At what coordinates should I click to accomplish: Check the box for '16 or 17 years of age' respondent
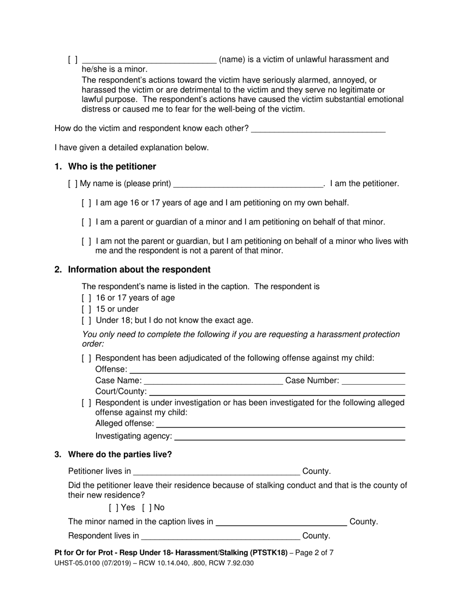point(86,298)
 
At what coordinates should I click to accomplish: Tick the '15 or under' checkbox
point(86,309)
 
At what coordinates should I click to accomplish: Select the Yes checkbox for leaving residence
point(114,507)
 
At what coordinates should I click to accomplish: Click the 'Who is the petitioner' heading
point(112,167)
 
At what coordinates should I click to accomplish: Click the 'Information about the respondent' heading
point(139,270)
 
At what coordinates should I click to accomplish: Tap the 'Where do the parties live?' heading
point(120,454)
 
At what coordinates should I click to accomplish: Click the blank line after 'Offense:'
point(267,370)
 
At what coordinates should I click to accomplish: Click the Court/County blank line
point(277,392)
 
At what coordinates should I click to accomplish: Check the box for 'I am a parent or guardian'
point(86,223)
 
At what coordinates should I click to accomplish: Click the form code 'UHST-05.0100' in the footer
point(77,563)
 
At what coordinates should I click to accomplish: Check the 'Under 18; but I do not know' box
point(86,320)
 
